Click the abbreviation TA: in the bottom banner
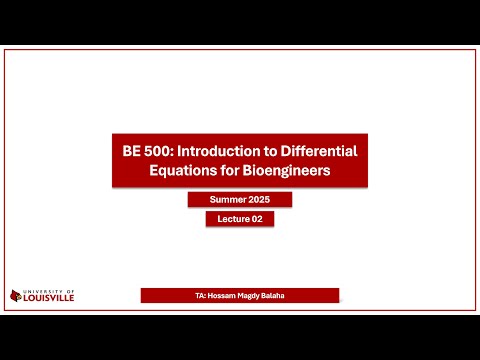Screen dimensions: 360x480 tap(202, 296)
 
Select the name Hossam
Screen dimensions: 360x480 tap(224, 296)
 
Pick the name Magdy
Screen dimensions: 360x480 tap(251, 296)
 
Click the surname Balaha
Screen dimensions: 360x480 tap(276, 296)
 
